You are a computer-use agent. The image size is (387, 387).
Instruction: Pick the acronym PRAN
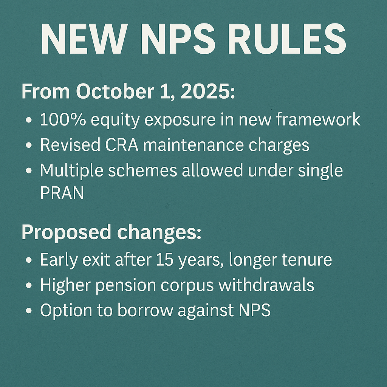[x=62, y=193]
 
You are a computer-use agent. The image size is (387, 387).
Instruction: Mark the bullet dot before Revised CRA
[x=29, y=146]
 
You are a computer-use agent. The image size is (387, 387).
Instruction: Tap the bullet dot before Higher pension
[x=29, y=286]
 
